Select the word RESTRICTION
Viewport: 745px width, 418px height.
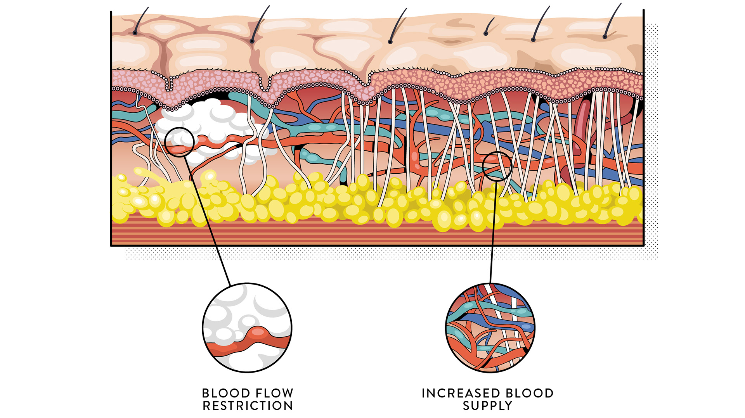248,406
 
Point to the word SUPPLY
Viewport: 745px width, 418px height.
487,406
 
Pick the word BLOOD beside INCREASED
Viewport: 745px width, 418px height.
530,393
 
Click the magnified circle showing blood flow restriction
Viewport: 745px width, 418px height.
247,328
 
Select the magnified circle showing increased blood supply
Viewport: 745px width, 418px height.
490,328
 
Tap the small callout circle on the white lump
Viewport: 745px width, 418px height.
179,142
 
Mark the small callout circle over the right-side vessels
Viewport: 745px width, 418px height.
497,166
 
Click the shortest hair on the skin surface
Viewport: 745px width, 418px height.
489,26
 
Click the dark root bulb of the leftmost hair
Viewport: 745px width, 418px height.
135,33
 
